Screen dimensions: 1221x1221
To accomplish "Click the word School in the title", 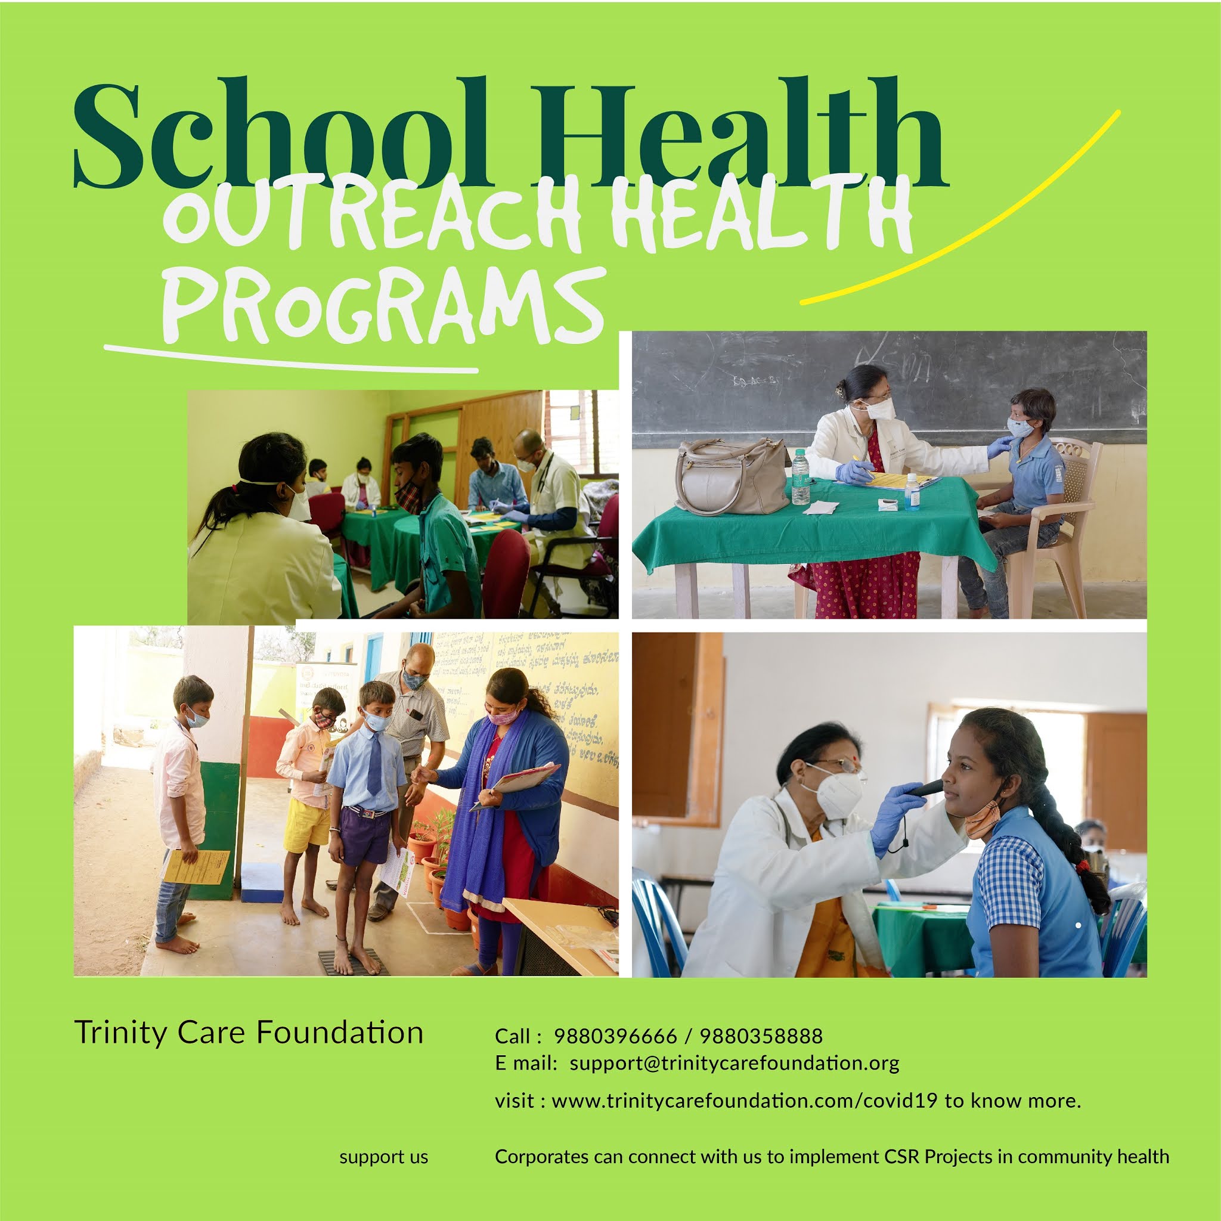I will click(x=281, y=136).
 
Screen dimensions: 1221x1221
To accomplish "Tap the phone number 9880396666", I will click(x=615, y=1036).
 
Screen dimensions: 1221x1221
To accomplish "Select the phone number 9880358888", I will click(x=761, y=1036).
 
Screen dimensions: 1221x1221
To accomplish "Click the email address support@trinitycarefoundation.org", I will click(x=735, y=1063).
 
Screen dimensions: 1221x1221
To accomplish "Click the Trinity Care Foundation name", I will click(x=249, y=1033).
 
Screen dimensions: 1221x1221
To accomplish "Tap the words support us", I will click(x=383, y=1157).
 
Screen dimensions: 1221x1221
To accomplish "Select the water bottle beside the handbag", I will click(x=800, y=476).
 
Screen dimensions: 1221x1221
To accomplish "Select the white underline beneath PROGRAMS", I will click(x=291, y=359).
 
